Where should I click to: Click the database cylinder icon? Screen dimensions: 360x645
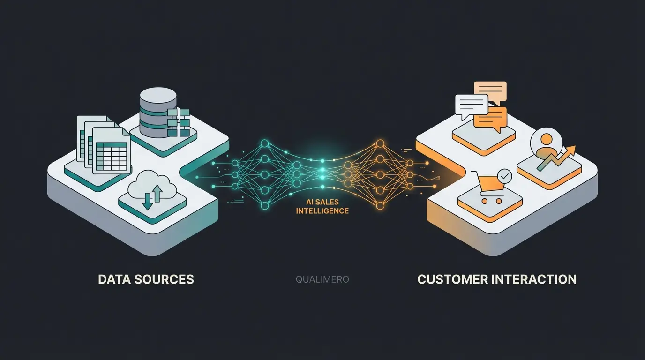coord(158,112)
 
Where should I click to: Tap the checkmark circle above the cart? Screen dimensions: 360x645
coord(504,176)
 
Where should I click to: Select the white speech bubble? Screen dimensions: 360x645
coord(471,104)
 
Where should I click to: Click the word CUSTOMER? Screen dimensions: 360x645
coord(450,279)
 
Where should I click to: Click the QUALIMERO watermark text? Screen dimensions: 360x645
coord(322,279)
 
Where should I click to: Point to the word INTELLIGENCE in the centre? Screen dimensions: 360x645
coord(322,211)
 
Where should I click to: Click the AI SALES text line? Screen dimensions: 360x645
coord(322,202)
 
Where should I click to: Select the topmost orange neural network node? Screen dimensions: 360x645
coord(380,143)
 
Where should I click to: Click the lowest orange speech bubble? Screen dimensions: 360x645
coord(491,118)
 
